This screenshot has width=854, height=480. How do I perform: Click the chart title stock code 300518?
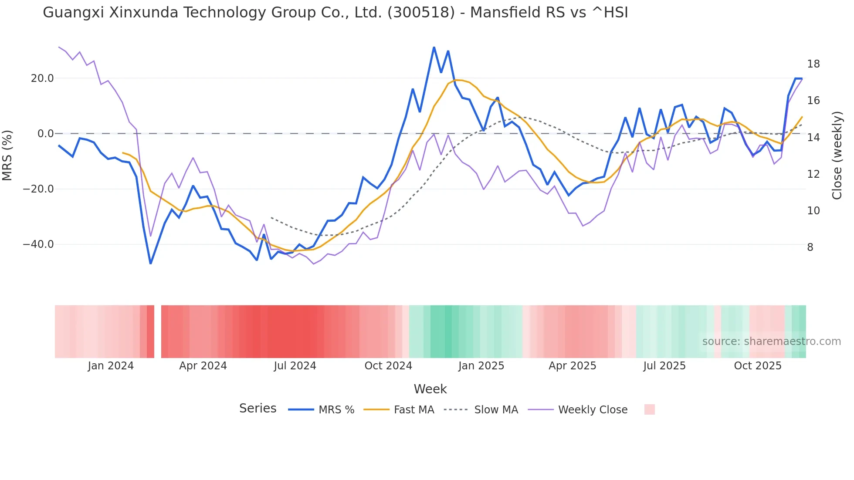pyautogui.click(x=421, y=13)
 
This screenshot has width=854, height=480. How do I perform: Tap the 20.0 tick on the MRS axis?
pyautogui.click(x=42, y=78)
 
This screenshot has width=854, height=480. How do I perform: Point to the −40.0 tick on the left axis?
pyautogui.click(x=38, y=244)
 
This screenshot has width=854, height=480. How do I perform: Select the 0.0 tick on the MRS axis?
pyautogui.click(x=45, y=134)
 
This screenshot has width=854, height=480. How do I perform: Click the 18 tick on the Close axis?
pyautogui.click(x=813, y=64)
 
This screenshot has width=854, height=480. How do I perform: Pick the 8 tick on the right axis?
pyautogui.click(x=810, y=247)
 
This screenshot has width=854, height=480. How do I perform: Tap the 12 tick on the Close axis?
pyautogui.click(x=813, y=174)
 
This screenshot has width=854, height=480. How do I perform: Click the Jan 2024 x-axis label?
pyautogui.click(x=111, y=366)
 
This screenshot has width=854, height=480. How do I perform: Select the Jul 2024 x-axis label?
pyautogui.click(x=295, y=366)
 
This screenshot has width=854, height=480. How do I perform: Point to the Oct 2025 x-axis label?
pyautogui.click(x=758, y=366)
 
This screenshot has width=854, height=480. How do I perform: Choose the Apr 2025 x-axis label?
pyautogui.click(x=572, y=366)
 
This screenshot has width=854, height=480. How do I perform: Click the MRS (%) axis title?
pyautogui.click(x=7, y=155)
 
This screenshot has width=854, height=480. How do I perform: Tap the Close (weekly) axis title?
pyautogui.click(x=837, y=155)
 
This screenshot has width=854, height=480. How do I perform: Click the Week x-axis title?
pyautogui.click(x=430, y=389)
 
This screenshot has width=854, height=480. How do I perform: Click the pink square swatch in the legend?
pyautogui.click(x=649, y=409)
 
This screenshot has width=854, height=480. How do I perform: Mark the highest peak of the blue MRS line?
pyautogui.click(x=434, y=47)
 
